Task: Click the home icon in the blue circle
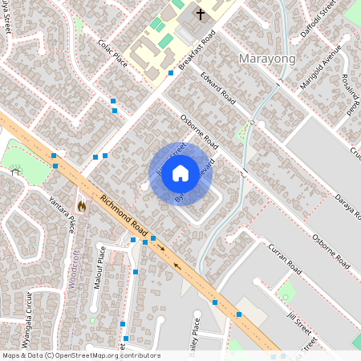click(x=180, y=173)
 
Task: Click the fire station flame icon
click(x=82, y=205)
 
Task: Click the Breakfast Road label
click(x=197, y=53)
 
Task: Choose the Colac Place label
click(x=112, y=52)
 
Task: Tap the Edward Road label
click(x=217, y=89)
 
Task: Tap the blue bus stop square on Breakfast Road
click(x=171, y=73)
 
